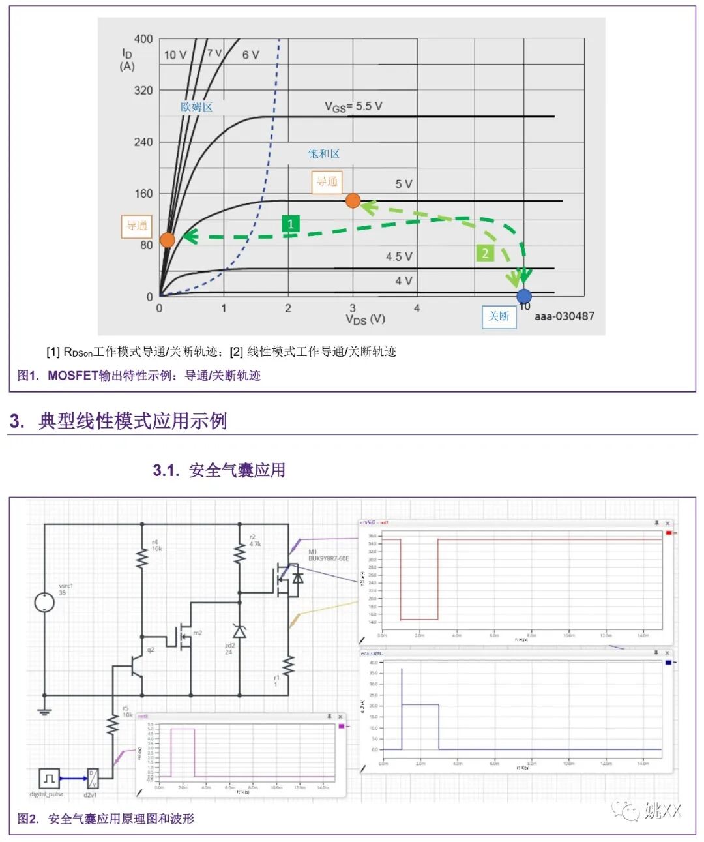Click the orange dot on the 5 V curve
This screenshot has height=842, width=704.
tap(353, 201)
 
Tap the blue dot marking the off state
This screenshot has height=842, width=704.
tap(523, 296)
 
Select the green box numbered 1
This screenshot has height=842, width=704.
tap(290, 224)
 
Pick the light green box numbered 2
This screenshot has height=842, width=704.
tap(485, 253)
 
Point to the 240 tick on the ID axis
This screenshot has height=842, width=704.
tap(143, 142)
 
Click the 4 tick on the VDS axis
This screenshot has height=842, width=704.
tap(417, 308)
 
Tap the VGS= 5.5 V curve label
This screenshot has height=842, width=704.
tap(353, 106)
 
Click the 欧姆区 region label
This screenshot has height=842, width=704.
tap(196, 107)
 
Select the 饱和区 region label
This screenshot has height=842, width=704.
tap(324, 154)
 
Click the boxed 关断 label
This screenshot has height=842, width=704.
tap(499, 316)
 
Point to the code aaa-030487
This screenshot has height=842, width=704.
tap(565, 316)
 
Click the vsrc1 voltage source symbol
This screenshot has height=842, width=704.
tap(44, 602)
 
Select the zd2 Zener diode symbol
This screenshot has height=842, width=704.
tap(239, 631)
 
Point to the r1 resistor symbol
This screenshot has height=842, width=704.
tap(287, 666)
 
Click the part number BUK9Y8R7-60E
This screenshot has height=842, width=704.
tap(329, 558)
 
